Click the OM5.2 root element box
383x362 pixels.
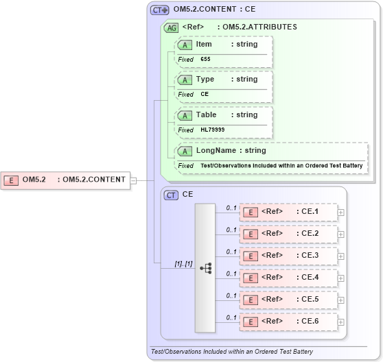66,180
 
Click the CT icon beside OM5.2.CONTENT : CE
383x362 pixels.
159,10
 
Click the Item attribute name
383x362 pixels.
204,44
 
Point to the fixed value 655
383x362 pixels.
205,59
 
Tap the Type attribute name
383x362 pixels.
205,79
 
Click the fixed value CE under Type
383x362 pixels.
205,94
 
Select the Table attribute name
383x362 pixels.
206,114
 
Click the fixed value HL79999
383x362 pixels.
212,130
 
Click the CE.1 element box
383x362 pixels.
288,212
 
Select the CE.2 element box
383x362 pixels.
288,234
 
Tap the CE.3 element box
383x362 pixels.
288,256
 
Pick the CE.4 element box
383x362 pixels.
288,278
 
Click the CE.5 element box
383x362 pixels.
288,300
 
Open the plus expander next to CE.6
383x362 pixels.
341,322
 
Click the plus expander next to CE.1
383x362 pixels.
341,212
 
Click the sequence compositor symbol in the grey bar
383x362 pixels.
205,267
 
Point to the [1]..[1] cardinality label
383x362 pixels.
183,264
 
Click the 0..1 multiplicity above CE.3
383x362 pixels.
231,251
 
